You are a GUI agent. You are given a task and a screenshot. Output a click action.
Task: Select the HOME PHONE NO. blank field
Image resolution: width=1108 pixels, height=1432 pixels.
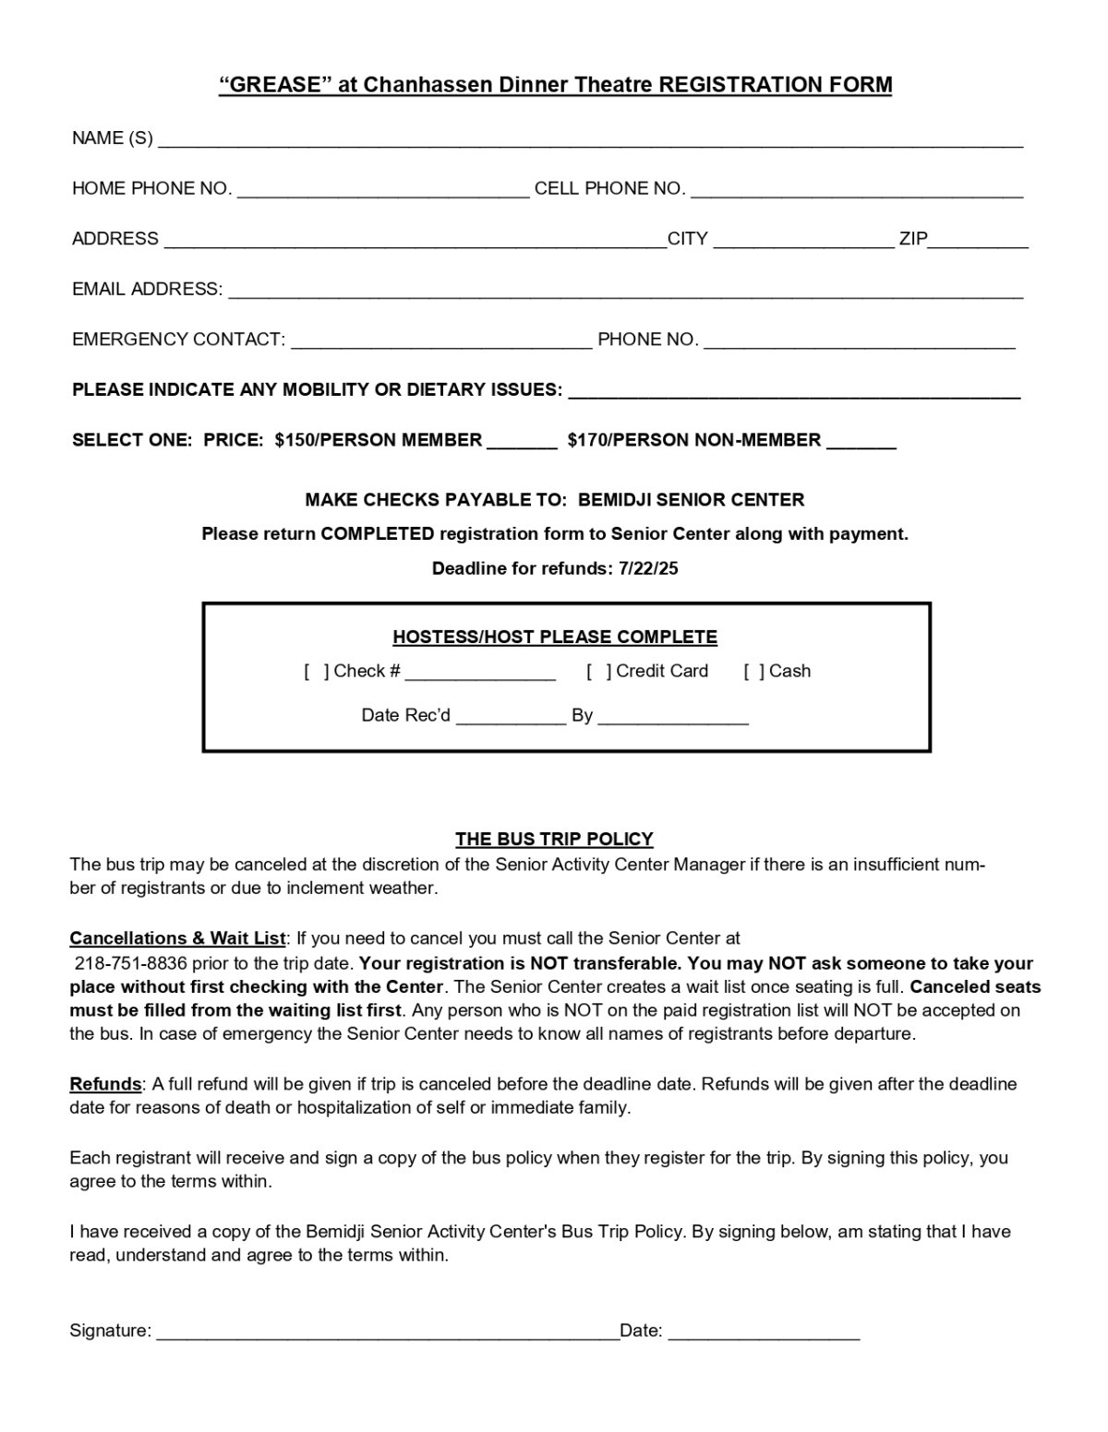click(383, 192)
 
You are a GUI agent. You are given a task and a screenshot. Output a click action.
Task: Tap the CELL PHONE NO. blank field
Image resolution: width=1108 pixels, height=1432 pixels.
click(856, 192)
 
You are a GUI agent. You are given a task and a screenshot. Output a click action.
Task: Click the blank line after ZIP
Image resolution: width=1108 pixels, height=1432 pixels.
click(979, 242)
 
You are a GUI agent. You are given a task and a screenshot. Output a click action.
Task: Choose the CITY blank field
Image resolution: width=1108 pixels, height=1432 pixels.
click(803, 242)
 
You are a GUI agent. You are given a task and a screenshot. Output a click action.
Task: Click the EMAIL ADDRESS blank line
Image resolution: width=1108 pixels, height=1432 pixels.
click(625, 292)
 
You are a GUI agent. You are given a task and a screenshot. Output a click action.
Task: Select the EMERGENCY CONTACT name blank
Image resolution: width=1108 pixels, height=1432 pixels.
click(441, 342)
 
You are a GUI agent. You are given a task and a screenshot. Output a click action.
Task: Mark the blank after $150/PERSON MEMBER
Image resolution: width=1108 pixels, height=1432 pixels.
click(522, 443)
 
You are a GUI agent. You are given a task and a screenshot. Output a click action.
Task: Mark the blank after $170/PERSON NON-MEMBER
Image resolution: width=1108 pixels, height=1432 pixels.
click(861, 443)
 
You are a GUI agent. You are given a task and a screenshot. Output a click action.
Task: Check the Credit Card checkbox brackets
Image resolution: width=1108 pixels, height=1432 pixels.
click(598, 672)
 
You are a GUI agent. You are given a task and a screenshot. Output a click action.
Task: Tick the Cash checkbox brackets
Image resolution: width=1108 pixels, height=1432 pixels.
click(754, 672)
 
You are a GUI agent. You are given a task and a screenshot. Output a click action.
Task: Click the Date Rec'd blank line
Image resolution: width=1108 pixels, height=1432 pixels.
click(511, 719)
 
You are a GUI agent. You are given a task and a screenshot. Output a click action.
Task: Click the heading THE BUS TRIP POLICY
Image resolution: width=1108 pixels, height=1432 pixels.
click(554, 840)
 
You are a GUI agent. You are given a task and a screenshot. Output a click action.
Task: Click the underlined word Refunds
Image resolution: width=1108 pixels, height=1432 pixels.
click(105, 1084)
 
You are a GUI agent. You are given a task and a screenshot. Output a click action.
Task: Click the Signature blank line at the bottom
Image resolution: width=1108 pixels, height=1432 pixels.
click(386, 1333)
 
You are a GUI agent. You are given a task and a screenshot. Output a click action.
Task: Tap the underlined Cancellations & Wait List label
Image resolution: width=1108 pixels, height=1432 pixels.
click(177, 939)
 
